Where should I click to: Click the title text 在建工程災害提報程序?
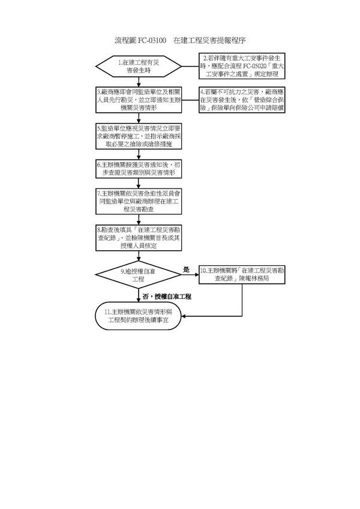tap(209, 40)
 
